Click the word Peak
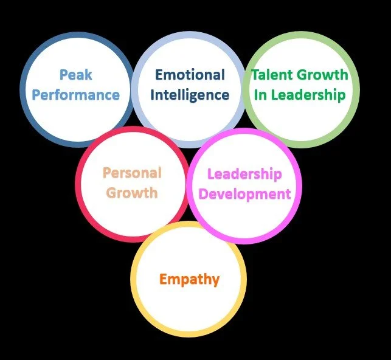(75, 75)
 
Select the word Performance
(75, 95)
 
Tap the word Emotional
(190, 75)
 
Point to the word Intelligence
(190, 95)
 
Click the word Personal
(132, 173)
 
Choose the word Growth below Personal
(132, 193)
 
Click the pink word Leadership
(244, 175)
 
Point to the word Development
(244, 195)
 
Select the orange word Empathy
(189, 280)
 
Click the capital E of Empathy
(164, 279)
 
